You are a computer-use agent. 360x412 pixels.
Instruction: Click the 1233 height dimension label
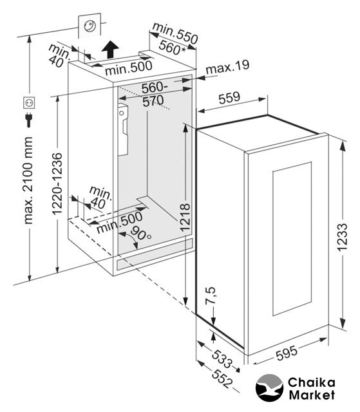(343, 238)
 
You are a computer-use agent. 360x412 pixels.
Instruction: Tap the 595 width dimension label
(287, 353)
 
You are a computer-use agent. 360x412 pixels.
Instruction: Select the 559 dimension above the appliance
(229, 98)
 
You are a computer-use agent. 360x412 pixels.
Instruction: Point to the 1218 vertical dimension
(185, 217)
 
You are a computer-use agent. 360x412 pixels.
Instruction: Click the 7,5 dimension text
(210, 295)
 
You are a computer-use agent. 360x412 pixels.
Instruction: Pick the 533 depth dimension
(222, 359)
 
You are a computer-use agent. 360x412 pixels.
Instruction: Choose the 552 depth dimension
(222, 379)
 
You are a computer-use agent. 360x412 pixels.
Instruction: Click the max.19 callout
(227, 67)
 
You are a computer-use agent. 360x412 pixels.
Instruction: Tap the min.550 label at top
(175, 33)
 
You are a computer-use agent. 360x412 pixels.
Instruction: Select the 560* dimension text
(173, 47)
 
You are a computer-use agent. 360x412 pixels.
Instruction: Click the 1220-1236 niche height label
(57, 183)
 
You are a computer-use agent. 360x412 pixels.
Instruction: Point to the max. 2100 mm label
(28, 180)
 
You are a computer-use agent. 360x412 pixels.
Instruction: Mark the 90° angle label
(141, 233)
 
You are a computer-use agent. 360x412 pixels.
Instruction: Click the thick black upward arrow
(110, 50)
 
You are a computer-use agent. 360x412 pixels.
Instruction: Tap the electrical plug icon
(29, 120)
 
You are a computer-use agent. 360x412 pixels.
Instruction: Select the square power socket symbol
(29, 103)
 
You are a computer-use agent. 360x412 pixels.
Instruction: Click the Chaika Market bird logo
(269, 388)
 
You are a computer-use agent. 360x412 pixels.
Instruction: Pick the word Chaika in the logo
(312, 382)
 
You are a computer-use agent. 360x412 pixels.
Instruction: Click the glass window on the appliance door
(292, 239)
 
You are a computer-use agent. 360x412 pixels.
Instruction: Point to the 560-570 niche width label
(153, 94)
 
